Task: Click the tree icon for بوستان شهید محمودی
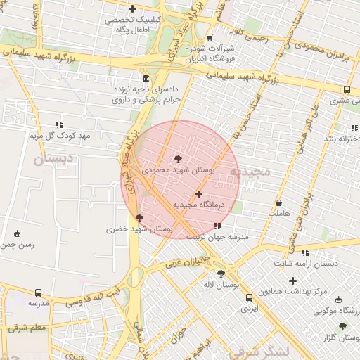tap(177, 160)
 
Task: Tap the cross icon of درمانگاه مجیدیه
tap(198, 194)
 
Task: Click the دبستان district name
tap(53, 160)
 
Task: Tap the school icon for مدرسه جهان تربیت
tap(217, 226)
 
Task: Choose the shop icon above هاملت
tap(279, 202)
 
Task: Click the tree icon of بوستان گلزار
tap(342, 326)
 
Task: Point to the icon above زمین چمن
tap(18, 233)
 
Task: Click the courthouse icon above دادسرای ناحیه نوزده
tap(146, 78)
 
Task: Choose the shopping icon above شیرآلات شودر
tap(210, 38)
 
